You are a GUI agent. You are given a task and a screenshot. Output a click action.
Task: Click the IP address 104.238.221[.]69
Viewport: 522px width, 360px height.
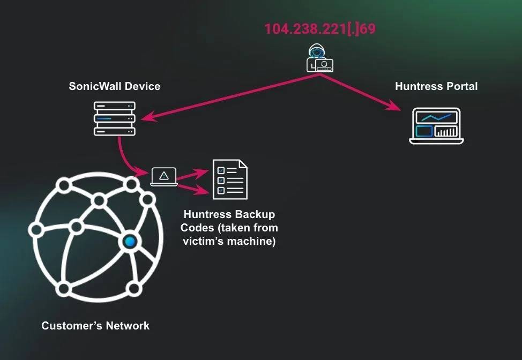[320, 29]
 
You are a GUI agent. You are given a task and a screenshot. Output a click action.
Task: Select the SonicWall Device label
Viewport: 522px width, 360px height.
[115, 86]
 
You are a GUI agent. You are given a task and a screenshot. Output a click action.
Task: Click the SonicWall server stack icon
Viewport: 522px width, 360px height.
[115, 118]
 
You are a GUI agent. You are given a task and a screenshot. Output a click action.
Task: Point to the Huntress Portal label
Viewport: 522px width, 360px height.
[436, 86]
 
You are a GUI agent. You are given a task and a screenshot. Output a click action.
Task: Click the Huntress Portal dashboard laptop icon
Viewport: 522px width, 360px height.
[436, 126]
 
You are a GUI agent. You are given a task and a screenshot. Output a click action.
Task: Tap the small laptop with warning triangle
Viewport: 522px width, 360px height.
[164, 176]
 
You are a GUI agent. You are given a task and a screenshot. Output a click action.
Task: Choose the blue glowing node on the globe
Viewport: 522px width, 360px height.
[129, 242]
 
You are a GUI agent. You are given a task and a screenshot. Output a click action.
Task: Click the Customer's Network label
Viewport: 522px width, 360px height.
[95, 326]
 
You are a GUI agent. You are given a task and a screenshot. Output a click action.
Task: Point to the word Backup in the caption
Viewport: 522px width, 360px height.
[254, 215]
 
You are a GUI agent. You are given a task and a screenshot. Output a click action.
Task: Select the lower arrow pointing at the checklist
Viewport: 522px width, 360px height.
[193, 188]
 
